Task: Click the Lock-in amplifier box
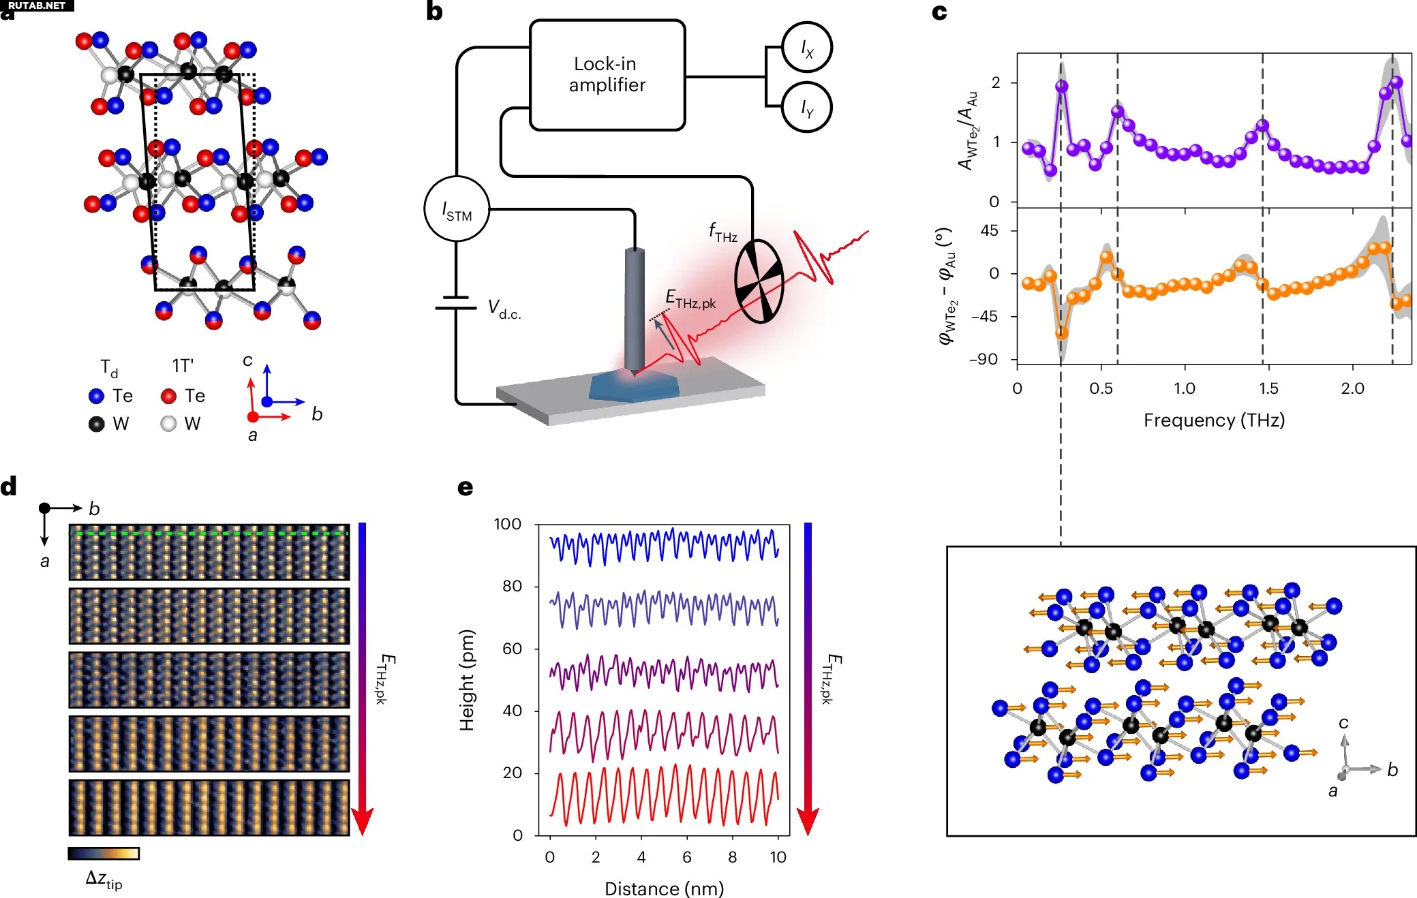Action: click(x=607, y=74)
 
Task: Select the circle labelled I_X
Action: click(x=806, y=47)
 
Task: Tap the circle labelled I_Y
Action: click(x=806, y=107)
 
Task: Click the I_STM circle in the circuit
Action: click(x=457, y=208)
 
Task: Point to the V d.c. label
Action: click(x=504, y=309)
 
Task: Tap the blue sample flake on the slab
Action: click(x=634, y=387)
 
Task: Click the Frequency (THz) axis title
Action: click(x=1214, y=420)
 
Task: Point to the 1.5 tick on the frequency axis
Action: click(x=1268, y=388)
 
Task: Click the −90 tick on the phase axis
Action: click(x=983, y=359)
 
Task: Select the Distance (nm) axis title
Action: click(x=664, y=888)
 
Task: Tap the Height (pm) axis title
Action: click(x=467, y=680)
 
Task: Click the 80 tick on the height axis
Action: click(x=512, y=586)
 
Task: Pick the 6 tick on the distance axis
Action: click(x=686, y=857)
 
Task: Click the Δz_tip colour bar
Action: click(x=104, y=853)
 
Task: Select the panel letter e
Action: click(x=465, y=487)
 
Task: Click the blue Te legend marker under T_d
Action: click(x=96, y=396)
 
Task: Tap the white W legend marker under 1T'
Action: click(x=168, y=424)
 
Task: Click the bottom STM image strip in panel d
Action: click(x=209, y=807)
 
